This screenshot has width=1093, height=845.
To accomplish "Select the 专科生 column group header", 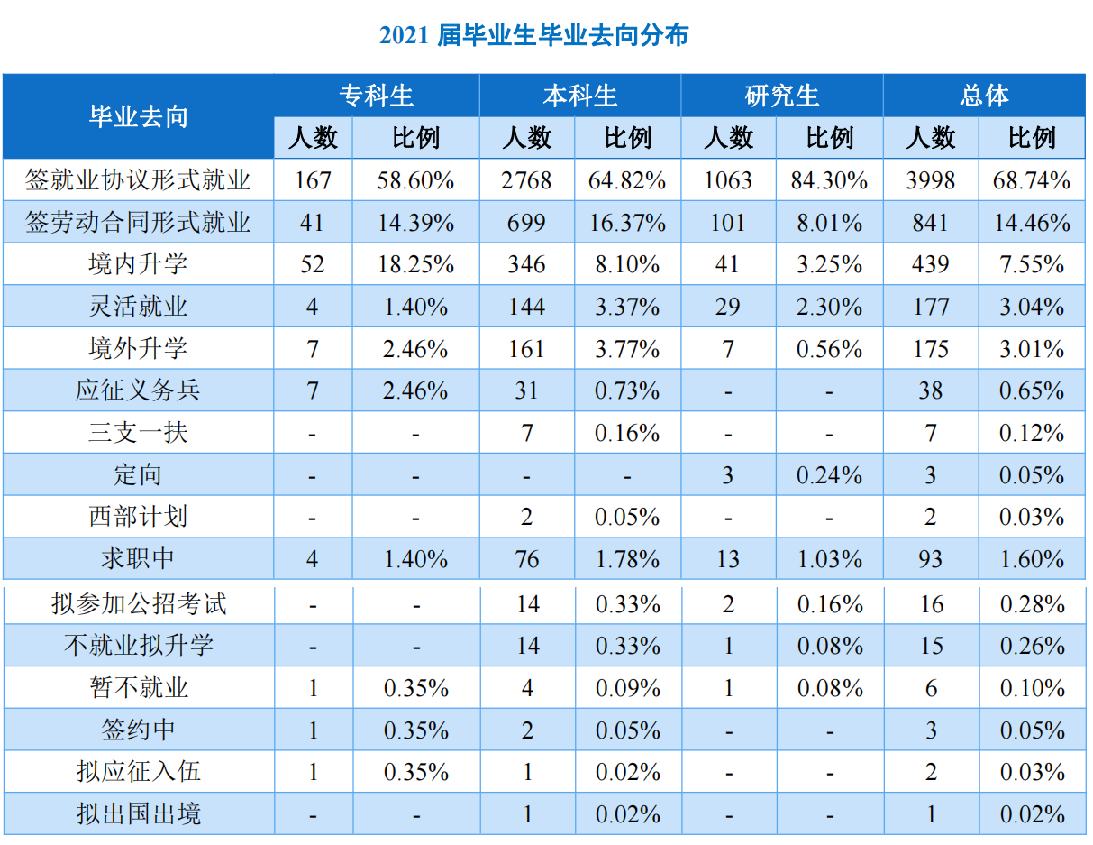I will tap(377, 96).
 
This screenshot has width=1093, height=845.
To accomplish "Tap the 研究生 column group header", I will tap(781, 96).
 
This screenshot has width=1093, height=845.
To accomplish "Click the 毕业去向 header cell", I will tap(138, 116).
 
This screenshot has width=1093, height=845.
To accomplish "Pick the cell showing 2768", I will tap(526, 180).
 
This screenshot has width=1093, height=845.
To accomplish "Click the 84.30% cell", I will tap(829, 180).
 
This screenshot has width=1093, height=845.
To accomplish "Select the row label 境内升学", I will tap(138, 264).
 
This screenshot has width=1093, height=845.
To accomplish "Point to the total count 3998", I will tap(930, 180).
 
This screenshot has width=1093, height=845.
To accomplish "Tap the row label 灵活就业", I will tap(138, 307).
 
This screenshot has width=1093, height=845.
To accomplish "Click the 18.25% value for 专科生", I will tap(415, 264).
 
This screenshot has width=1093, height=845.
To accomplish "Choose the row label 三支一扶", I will tap(138, 433).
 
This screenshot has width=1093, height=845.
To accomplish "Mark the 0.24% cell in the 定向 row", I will tap(829, 475).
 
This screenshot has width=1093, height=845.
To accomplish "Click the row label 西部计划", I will tap(138, 517).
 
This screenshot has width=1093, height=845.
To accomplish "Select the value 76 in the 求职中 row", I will tap(526, 559).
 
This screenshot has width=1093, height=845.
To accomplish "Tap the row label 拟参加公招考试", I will tap(138, 603).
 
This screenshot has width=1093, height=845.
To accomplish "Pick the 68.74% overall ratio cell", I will tap(1032, 180).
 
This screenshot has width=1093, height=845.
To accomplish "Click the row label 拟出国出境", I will tap(138, 814).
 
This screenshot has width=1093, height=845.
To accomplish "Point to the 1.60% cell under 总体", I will tap(1032, 559).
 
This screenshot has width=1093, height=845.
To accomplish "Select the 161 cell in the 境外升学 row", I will tap(526, 349).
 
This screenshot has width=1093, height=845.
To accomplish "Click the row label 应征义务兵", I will tap(138, 390).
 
